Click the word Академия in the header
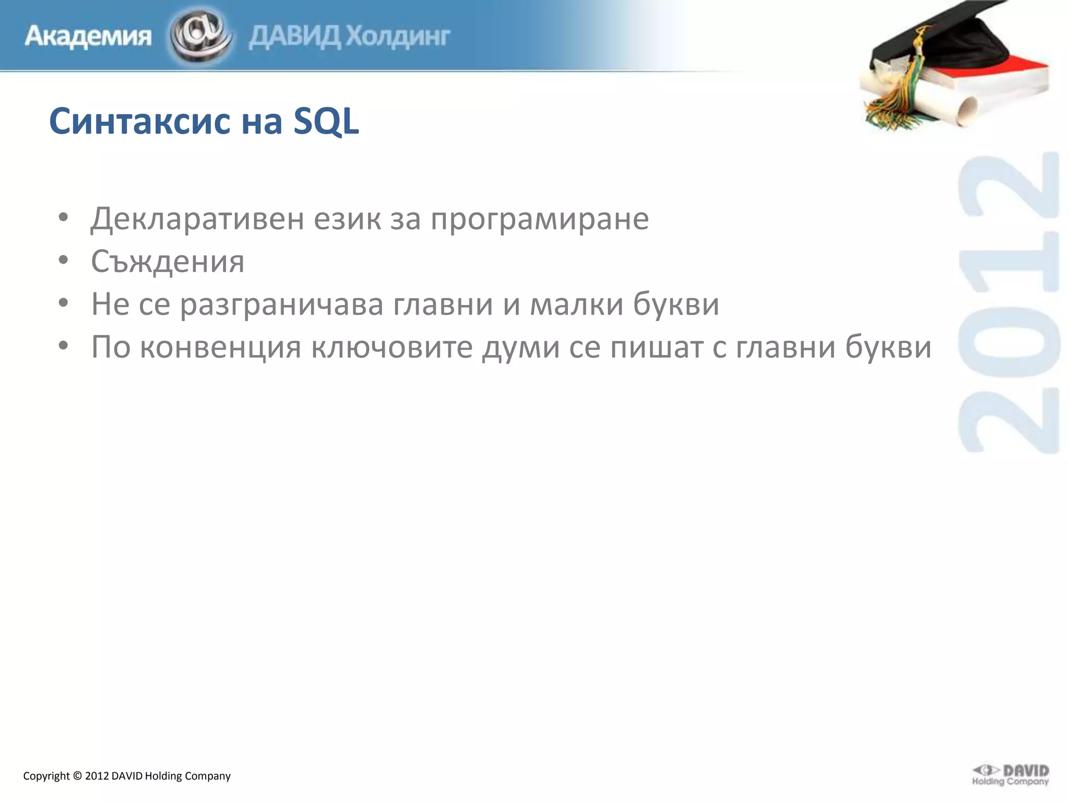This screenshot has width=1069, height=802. click(x=88, y=37)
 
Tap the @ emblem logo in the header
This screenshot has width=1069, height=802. click(x=200, y=36)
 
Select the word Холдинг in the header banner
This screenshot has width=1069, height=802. click(x=398, y=37)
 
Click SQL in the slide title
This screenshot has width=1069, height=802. click(x=326, y=121)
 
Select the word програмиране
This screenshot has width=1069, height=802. click(x=540, y=219)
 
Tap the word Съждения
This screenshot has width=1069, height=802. click(x=168, y=261)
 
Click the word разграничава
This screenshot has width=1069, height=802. click(x=282, y=305)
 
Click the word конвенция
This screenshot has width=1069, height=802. click(x=221, y=347)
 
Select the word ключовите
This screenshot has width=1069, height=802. click(x=392, y=347)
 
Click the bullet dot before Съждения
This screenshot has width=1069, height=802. click(x=63, y=260)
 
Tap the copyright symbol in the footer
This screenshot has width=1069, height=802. click(x=77, y=776)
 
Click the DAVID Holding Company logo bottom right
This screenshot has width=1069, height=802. click(x=1010, y=775)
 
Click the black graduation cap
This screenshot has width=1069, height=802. click(x=940, y=42)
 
